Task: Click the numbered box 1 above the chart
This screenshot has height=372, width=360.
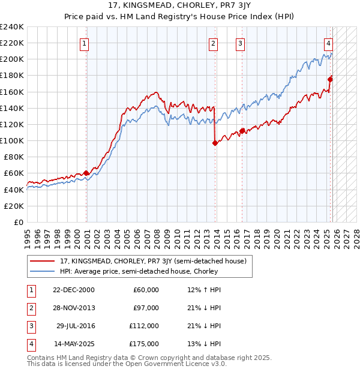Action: click(85, 43)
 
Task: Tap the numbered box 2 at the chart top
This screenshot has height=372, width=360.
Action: click(213, 43)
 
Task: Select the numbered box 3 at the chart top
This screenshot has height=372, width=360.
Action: click(240, 43)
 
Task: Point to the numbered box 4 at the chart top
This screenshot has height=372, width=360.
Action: click(329, 43)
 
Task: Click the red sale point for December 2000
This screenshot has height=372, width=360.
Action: click(86, 173)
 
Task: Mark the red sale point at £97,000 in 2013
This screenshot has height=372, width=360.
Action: click(215, 143)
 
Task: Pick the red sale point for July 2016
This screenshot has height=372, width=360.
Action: click(242, 131)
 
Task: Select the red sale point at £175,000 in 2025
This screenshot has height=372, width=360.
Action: click(330, 79)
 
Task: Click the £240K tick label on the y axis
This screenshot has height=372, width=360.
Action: click(12, 27)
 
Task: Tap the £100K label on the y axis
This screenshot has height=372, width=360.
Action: click(12, 140)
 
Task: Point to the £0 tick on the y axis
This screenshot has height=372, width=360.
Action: click(18, 222)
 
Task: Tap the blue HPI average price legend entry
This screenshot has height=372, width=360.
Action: click(138, 271)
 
